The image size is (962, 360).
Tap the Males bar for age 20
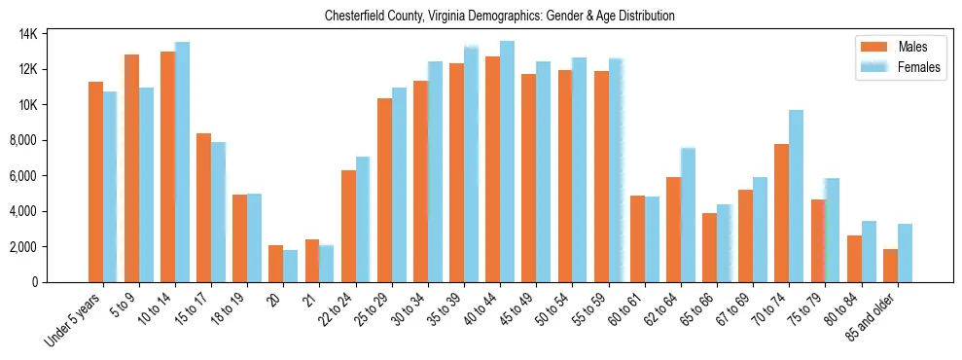pos(276,264)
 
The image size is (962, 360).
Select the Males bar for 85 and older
pos(890,266)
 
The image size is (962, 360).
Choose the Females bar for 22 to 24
pos(363,220)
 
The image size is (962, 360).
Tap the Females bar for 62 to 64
pos(688,215)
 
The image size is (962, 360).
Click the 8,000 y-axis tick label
pos(47,140)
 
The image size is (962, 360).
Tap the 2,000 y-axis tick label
pos(47,247)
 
